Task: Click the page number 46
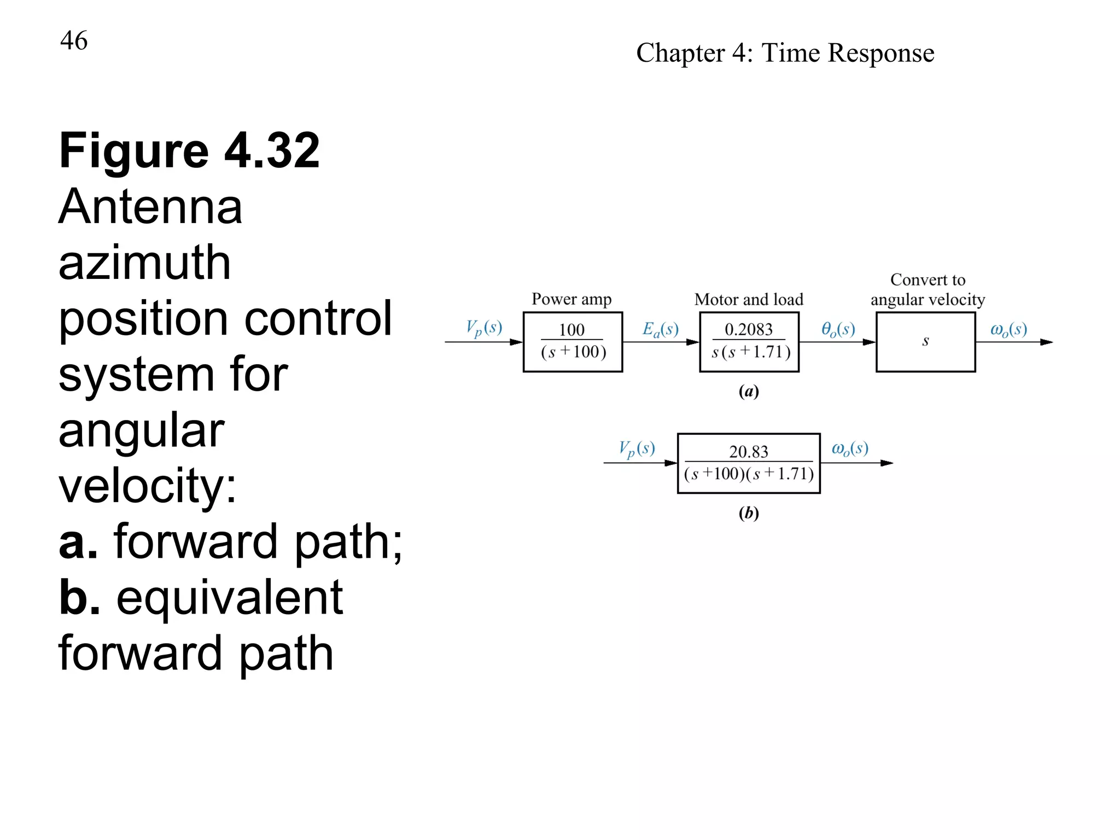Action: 74,40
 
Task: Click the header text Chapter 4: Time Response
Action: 785,53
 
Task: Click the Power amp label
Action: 571,299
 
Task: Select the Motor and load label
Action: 749,300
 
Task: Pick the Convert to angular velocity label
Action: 927,290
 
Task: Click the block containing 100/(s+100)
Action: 573,342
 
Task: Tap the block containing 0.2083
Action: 749,342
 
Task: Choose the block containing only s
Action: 925,342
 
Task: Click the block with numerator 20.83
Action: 749,463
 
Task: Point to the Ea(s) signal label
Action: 661,329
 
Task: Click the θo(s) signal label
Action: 838,329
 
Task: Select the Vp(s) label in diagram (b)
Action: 637,449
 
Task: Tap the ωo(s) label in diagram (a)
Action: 1008,329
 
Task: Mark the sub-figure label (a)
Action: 749,392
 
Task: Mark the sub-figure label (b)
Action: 749,513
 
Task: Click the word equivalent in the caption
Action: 230,598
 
